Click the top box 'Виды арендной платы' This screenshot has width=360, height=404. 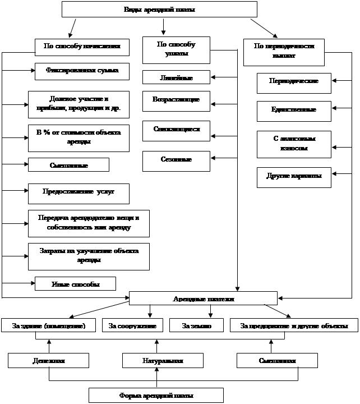(159, 10)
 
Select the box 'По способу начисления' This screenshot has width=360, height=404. (82, 47)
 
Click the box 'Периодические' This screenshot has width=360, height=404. (294, 82)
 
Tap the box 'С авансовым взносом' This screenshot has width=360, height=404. (294, 144)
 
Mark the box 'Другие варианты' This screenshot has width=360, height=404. (294, 177)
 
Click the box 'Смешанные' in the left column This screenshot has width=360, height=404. (68, 165)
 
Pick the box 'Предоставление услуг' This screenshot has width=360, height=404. (79, 192)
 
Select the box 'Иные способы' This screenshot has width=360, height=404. (75, 284)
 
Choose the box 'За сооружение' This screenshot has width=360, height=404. (132, 325)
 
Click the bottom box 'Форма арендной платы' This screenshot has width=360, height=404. (156, 396)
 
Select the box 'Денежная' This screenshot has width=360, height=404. (49, 360)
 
